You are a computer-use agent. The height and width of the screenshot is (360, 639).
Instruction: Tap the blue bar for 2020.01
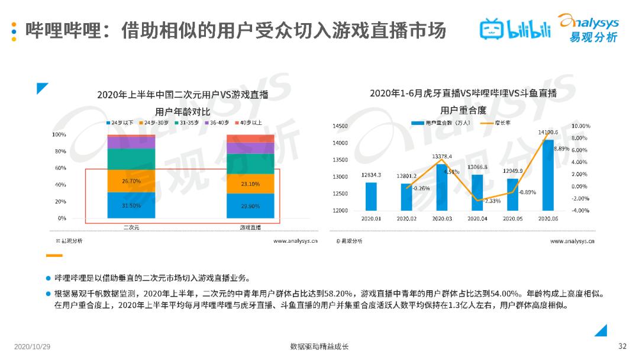371,196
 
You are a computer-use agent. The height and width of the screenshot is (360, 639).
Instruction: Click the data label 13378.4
442,156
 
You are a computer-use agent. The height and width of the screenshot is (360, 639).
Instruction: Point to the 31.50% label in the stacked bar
131,205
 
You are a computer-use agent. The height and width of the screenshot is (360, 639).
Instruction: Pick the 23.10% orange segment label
250,184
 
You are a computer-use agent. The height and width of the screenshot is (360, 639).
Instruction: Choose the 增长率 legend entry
495,123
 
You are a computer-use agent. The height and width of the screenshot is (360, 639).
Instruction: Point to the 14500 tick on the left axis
340,126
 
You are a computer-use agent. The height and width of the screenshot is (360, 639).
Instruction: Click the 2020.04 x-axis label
477,218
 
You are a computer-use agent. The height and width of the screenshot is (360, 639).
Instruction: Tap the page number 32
622,346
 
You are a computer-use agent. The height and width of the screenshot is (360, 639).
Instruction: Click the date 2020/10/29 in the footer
33,346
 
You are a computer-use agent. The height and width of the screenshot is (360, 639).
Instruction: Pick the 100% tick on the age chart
59,135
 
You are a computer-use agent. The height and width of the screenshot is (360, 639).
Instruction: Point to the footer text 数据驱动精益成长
319,346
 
